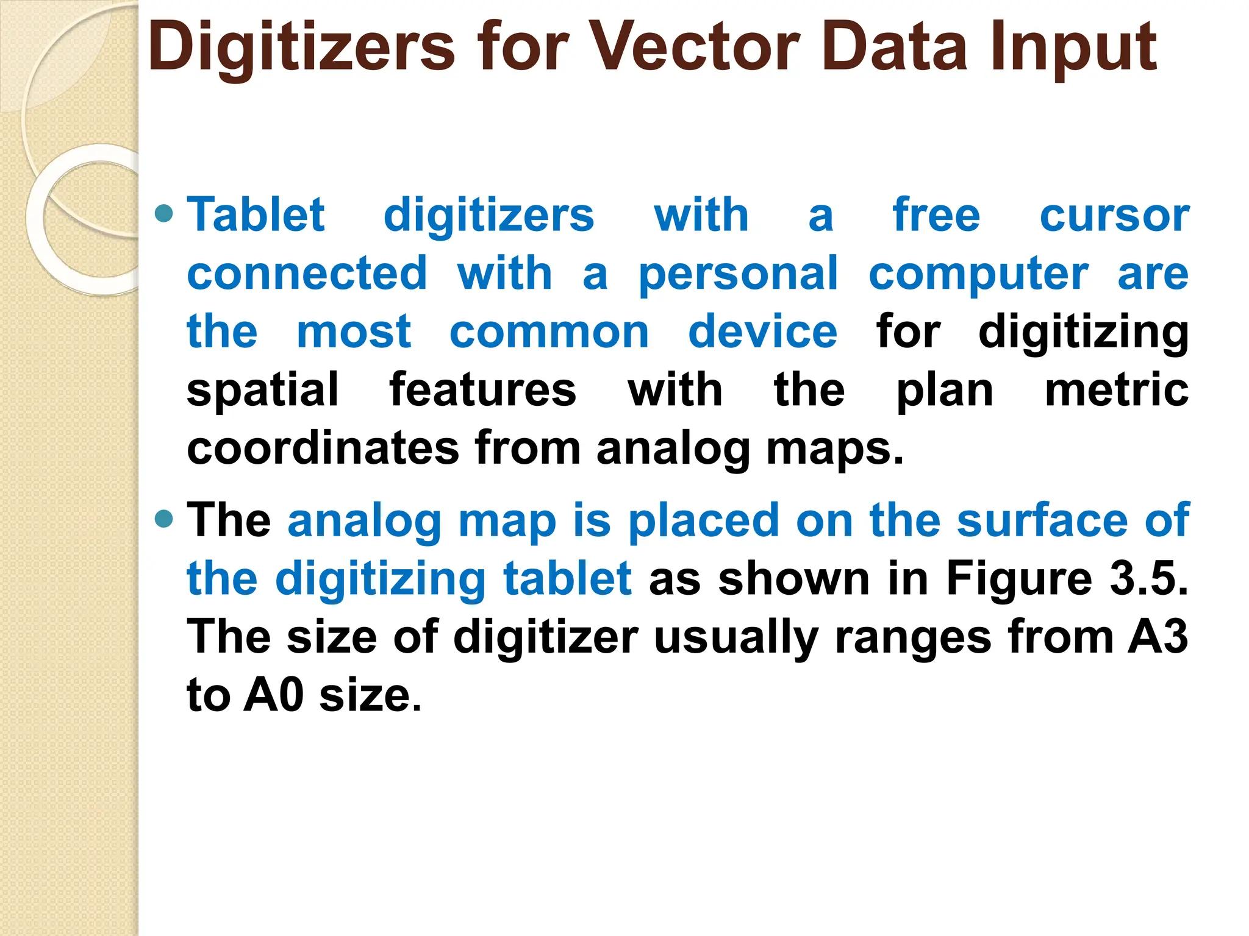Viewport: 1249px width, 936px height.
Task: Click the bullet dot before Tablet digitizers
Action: click(x=165, y=214)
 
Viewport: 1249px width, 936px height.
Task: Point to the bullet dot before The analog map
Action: click(x=165, y=519)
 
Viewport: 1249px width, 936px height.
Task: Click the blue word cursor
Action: click(x=1114, y=216)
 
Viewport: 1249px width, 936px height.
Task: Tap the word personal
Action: click(x=738, y=274)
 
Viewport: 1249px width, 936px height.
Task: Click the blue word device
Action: click(x=762, y=331)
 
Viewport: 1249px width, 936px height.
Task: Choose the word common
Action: click(x=549, y=333)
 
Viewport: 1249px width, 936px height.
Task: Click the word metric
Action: click(x=1116, y=390)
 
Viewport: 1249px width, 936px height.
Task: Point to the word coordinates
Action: click(x=323, y=448)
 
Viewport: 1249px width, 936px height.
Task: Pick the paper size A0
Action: click(x=273, y=695)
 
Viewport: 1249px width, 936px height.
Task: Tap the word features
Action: click(x=482, y=390)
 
